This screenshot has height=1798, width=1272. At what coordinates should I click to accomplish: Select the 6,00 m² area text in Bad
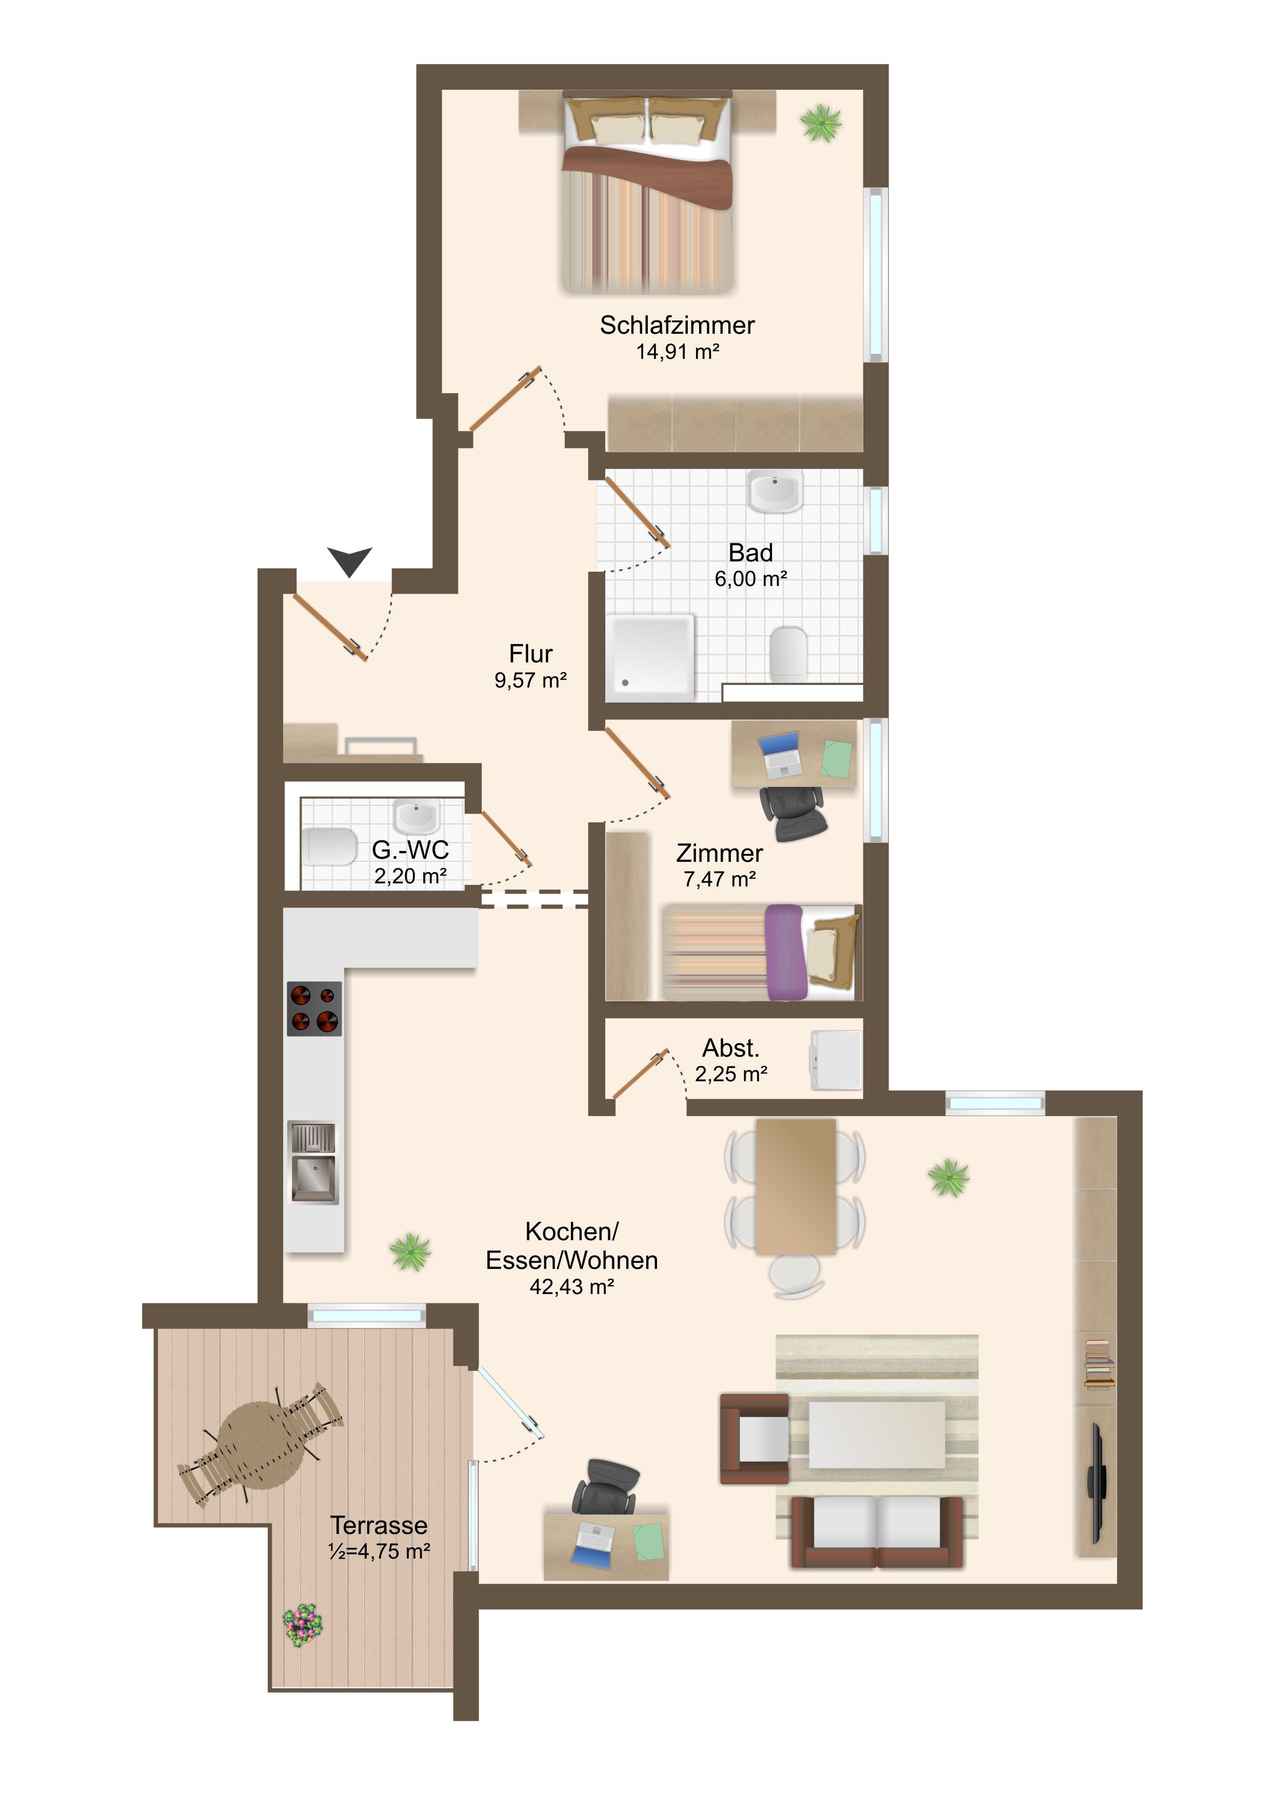click(750, 579)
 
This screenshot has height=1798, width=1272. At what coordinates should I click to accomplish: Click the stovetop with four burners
click(314, 1008)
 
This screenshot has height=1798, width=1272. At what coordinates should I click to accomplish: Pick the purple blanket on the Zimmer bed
click(785, 952)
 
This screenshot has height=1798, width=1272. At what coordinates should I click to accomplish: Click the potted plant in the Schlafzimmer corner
click(821, 123)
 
